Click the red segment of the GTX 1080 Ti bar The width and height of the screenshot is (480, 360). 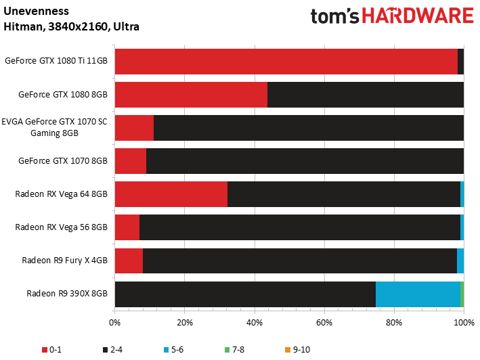point(286,62)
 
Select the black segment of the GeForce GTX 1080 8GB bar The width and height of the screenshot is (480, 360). point(366,95)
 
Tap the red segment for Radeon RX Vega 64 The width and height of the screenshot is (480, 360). point(171,194)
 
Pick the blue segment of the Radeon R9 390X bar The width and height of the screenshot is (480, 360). point(418,294)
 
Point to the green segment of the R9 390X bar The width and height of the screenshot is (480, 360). point(462,294)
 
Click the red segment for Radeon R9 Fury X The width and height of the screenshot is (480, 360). point(129,261)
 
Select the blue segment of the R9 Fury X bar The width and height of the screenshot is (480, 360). point(460,261)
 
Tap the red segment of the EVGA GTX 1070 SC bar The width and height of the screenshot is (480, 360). point(135,128)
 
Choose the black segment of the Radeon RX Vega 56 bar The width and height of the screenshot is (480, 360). point(300,227)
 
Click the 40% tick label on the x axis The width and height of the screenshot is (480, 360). point(255,323)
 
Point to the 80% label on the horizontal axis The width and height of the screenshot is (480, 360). point(394,323)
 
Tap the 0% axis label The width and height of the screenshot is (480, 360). point(115,323)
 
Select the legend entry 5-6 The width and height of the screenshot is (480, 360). point(173,350)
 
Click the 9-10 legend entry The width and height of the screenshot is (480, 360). point(297,350)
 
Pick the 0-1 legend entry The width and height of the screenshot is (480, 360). point(51,350)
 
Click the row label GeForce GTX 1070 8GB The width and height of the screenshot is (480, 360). point(63,161)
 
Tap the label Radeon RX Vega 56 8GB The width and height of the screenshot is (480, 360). point(61,227)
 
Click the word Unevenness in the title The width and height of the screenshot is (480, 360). point(36,12)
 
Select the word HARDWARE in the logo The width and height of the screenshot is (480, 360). point(418,16)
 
